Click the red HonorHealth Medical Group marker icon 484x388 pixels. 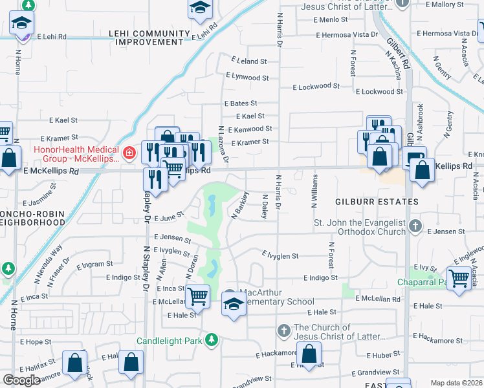pos(129,153)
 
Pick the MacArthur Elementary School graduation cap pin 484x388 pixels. pos(234,305)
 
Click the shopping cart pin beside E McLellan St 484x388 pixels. pos(197,297)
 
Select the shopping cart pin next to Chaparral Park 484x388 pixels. pos(459,279)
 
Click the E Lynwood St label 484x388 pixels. pos(247,77)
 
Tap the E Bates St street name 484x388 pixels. pos(241,103)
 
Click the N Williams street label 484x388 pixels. pos(315,191)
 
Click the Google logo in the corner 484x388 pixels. pos(21,380)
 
